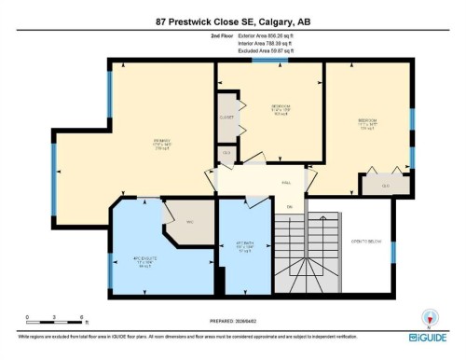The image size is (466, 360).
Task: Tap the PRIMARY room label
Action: click(x=161, y=142)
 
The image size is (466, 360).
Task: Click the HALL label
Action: click(x=285, y=183)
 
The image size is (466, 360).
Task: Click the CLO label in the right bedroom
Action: click(x=387, y=186)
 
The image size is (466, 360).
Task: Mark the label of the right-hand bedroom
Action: click(x=367, y=121)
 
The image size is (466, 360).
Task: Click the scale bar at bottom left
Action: click(x=55, y=317)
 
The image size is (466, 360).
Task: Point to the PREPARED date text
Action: click(x=233, y=319)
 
